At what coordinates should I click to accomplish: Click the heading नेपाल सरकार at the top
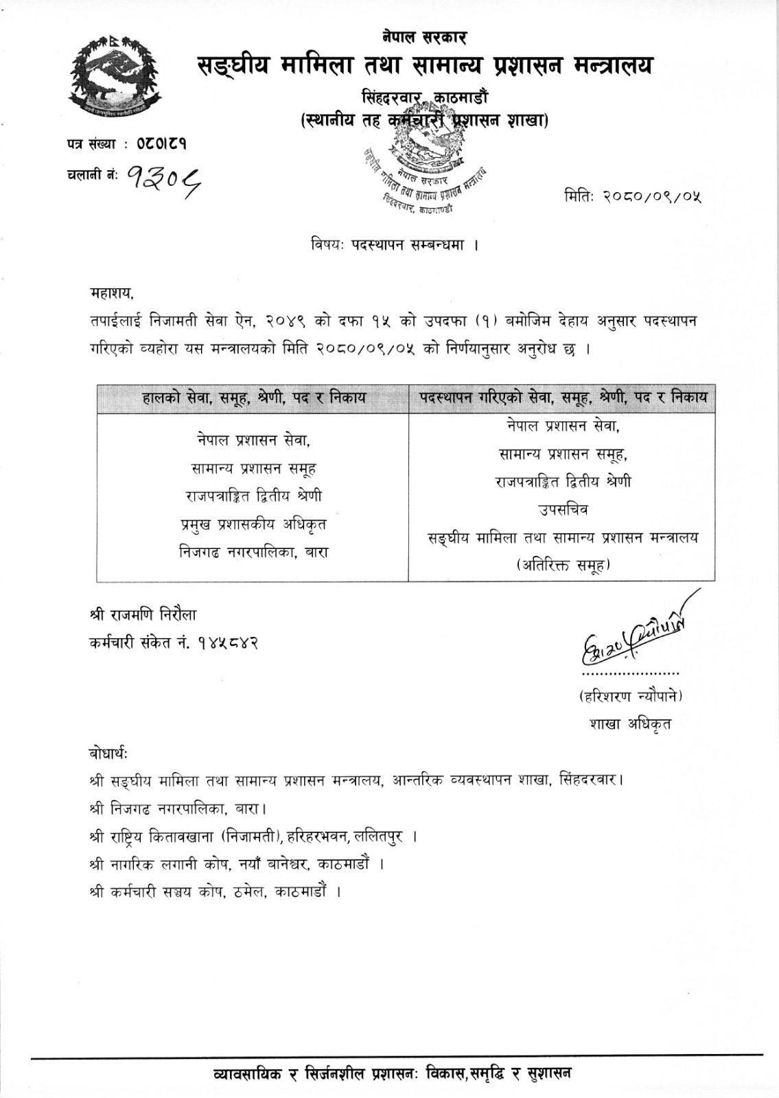(x=425, y=37)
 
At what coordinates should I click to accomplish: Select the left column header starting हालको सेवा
(x=253, y=397)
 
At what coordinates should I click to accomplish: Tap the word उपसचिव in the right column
(x=562, y=510)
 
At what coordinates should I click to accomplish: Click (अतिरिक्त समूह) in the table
(x=562, y=565)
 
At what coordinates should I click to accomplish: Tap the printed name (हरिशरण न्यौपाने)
(x=630, y=696)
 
